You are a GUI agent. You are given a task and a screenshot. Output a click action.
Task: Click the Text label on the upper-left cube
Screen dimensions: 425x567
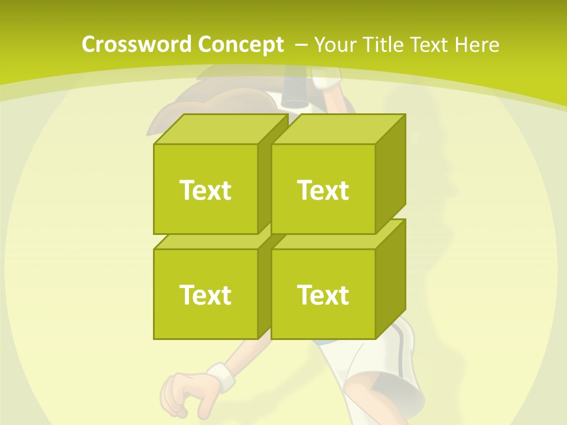(x=205, y=190)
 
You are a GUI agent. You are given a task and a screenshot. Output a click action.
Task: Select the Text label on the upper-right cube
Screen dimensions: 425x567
(x=323, y=190)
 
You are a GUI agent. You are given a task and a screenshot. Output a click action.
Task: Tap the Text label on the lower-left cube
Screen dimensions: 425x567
(x=205, y=295)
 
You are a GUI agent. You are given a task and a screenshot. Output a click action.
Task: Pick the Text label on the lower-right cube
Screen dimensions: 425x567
(x=323, y=295)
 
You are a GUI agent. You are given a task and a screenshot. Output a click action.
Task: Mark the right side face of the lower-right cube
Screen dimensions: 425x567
(x=390, y=277)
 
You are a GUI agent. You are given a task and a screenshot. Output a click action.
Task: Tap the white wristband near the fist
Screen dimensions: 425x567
(x=220, y=376)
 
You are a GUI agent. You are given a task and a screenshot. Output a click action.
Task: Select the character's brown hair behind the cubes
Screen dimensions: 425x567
(x=165, y=118)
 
